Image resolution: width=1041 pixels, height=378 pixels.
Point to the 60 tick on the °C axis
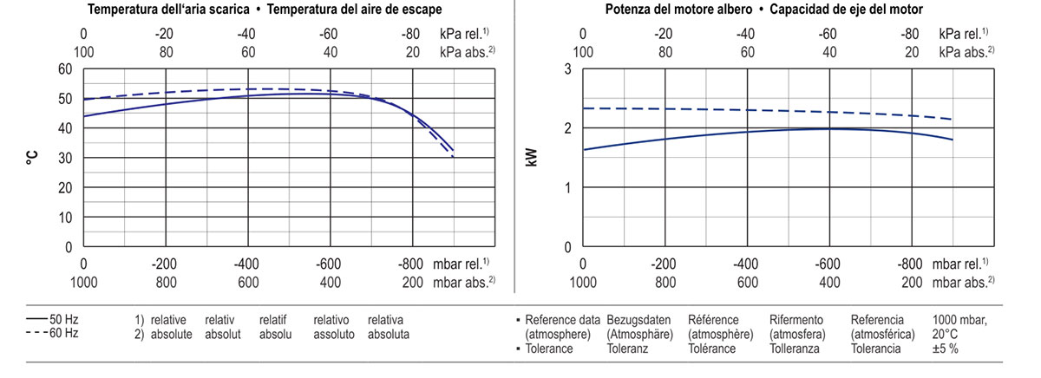(x=66, y=69)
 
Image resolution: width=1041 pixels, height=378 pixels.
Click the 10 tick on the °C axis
(x=66, y=217)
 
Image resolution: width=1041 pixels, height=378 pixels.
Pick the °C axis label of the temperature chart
(x=34, y=158)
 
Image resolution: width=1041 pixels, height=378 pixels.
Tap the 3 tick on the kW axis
(x=567, y=69)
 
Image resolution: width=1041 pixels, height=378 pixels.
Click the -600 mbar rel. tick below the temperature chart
(x=330, y=264)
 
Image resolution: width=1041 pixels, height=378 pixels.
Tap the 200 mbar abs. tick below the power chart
(x=911, y=282)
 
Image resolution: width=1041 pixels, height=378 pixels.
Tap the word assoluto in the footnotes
(x=334, y=334)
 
